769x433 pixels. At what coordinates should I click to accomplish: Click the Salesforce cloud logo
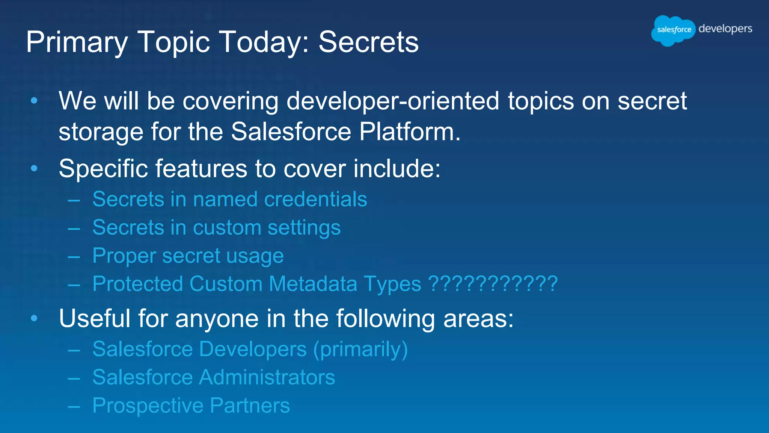674,30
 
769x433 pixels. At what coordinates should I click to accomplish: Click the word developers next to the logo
725,29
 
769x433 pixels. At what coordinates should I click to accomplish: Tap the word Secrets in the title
368,42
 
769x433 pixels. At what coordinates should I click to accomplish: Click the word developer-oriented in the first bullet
393,101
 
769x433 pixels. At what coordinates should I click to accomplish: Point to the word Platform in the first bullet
409,132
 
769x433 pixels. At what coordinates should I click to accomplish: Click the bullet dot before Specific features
34,168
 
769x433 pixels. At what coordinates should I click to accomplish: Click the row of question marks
493,284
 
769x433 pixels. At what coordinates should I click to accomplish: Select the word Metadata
313,284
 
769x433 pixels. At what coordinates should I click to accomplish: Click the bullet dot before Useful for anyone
34,318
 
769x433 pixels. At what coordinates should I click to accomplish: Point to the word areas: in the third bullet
478,319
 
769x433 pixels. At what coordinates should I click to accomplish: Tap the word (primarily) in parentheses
360,350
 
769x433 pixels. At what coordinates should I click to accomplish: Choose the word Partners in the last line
250,406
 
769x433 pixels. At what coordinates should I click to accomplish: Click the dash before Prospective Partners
74,406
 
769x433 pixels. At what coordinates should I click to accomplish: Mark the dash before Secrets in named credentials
74,200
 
